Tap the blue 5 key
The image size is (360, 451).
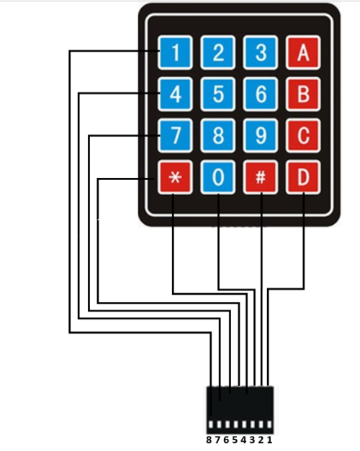point(218,94)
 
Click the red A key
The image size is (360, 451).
point(303,53)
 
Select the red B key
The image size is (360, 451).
point(303,94)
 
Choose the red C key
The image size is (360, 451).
point(303,135)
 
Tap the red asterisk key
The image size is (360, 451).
point(175,177)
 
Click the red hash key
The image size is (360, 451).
point(261,177)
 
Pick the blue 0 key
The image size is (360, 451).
point(218,177)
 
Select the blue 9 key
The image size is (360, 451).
point(261,135)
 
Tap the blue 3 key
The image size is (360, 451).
point(261,53)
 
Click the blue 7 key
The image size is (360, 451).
point(175,135)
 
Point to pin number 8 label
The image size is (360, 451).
point(209,439)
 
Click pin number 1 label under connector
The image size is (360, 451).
point(269,439)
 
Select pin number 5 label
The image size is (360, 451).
point(235,439)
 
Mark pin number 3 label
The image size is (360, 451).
point(252,439)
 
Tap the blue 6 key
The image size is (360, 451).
point(261,94)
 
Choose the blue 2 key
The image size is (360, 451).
point(218,53)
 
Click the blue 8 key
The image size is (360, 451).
point(218,135)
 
